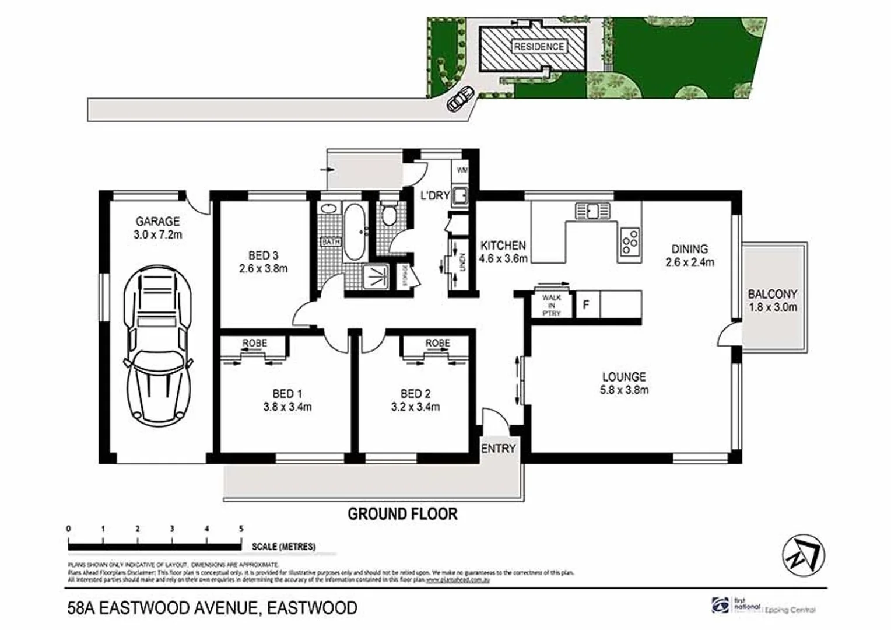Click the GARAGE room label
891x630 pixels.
(157, 222)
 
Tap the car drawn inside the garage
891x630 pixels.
(157, 338)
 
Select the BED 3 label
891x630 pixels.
(263, 256)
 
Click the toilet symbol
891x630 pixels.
(388, 214)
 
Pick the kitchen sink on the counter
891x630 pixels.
(592, 210)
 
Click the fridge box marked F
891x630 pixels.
(587, 304)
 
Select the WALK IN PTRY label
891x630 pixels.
(552, 305)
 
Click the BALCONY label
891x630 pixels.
(773, 294)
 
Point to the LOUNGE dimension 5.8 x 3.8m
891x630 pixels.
(624, 390)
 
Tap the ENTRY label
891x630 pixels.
(499, 449)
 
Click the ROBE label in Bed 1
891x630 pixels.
(254, 343)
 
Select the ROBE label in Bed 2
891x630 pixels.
(437, 343)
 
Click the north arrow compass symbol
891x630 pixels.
(804, 555)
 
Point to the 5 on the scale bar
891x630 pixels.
(241, 529)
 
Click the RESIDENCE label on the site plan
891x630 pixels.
(539, 47)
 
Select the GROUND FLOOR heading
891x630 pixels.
(402, 514)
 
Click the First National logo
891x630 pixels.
(721, 605)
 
